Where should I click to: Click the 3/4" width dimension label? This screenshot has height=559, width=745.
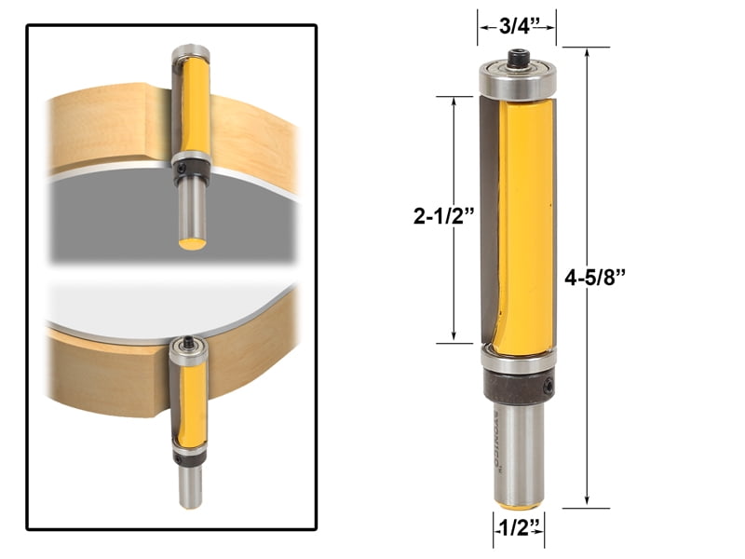[517, 26]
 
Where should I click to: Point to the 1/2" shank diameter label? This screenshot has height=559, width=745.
[518, 530]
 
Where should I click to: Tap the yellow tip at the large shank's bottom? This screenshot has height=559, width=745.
[518, 506]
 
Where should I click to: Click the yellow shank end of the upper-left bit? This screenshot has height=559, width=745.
[193, 243]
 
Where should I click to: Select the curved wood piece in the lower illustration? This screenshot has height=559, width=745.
[102, 377]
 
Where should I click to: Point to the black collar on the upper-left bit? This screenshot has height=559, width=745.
[192, 170]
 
